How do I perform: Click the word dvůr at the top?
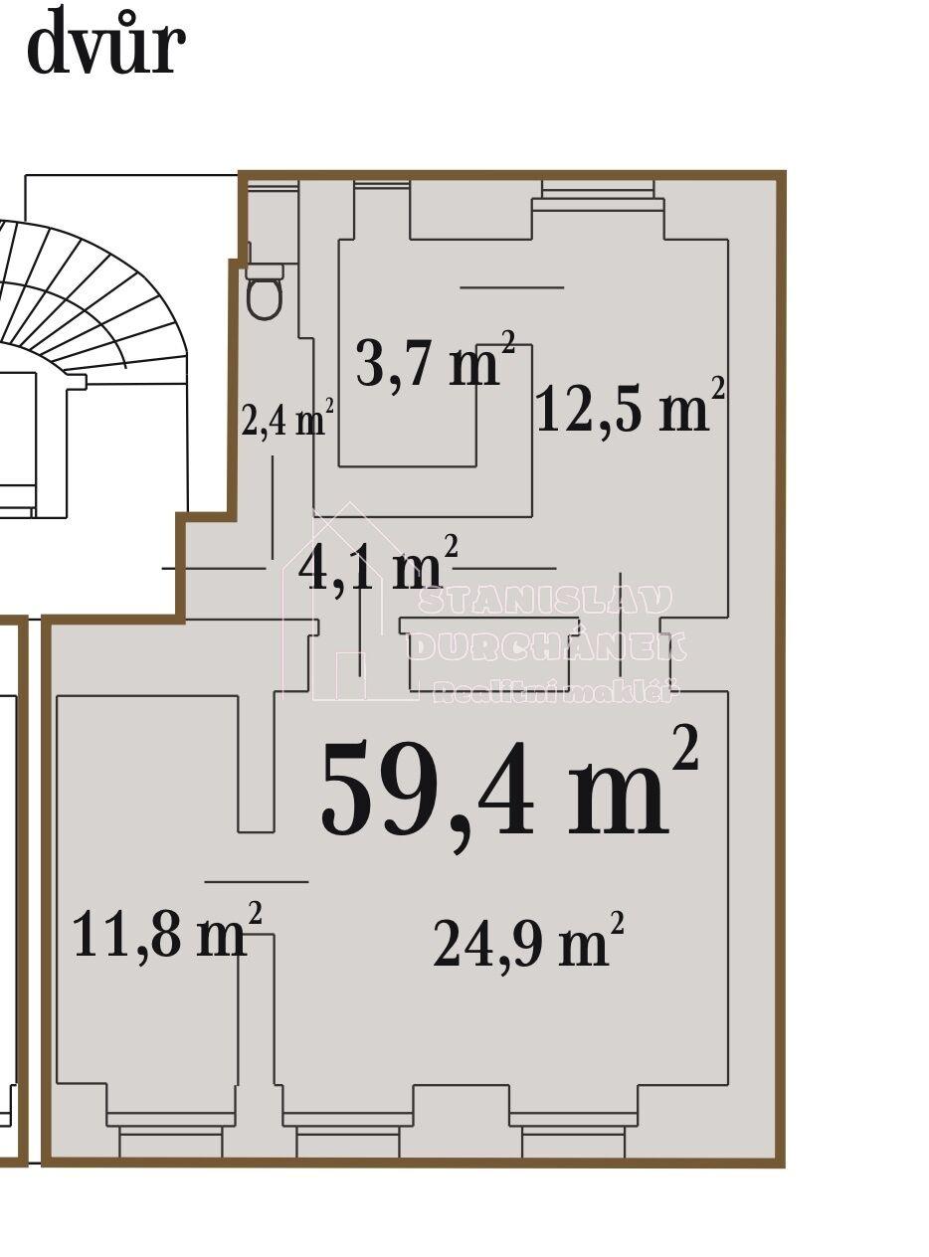[105, 43]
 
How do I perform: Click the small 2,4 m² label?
[286, 419]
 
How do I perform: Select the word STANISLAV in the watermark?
[544, 600]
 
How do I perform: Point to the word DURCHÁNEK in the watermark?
[546, 646]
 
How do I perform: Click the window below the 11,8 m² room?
[170, 1136]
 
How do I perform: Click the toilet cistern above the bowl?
[265, 270]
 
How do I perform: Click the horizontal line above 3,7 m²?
[511, 287]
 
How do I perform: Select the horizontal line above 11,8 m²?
[257, 881]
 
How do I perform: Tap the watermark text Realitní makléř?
[555, 692]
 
